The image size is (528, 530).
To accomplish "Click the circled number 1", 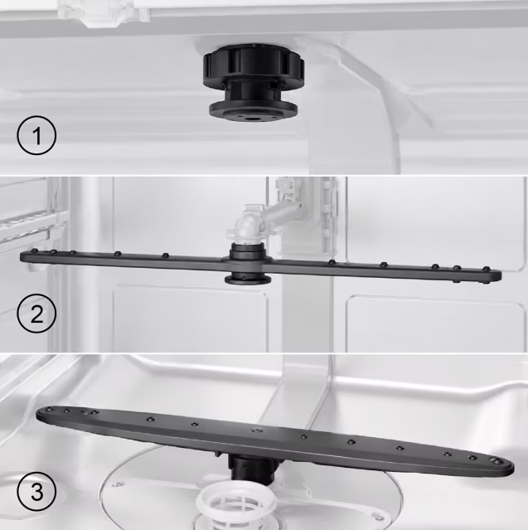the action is coord(36,135).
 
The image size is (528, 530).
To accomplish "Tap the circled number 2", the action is coord(36,314).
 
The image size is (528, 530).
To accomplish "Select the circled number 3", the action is coord(36,492).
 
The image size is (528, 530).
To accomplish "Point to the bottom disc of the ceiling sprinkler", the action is coord(254,112).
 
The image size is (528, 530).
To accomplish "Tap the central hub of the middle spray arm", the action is coord(247,263).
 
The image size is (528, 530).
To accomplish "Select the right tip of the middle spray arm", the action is coord(501,275).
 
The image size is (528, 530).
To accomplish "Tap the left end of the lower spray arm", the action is coord(37,415).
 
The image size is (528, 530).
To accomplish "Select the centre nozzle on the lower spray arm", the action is coord(257,430).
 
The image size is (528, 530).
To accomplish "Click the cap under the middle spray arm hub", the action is coord(247,280).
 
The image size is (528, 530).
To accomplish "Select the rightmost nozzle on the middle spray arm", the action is coord(486,269).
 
